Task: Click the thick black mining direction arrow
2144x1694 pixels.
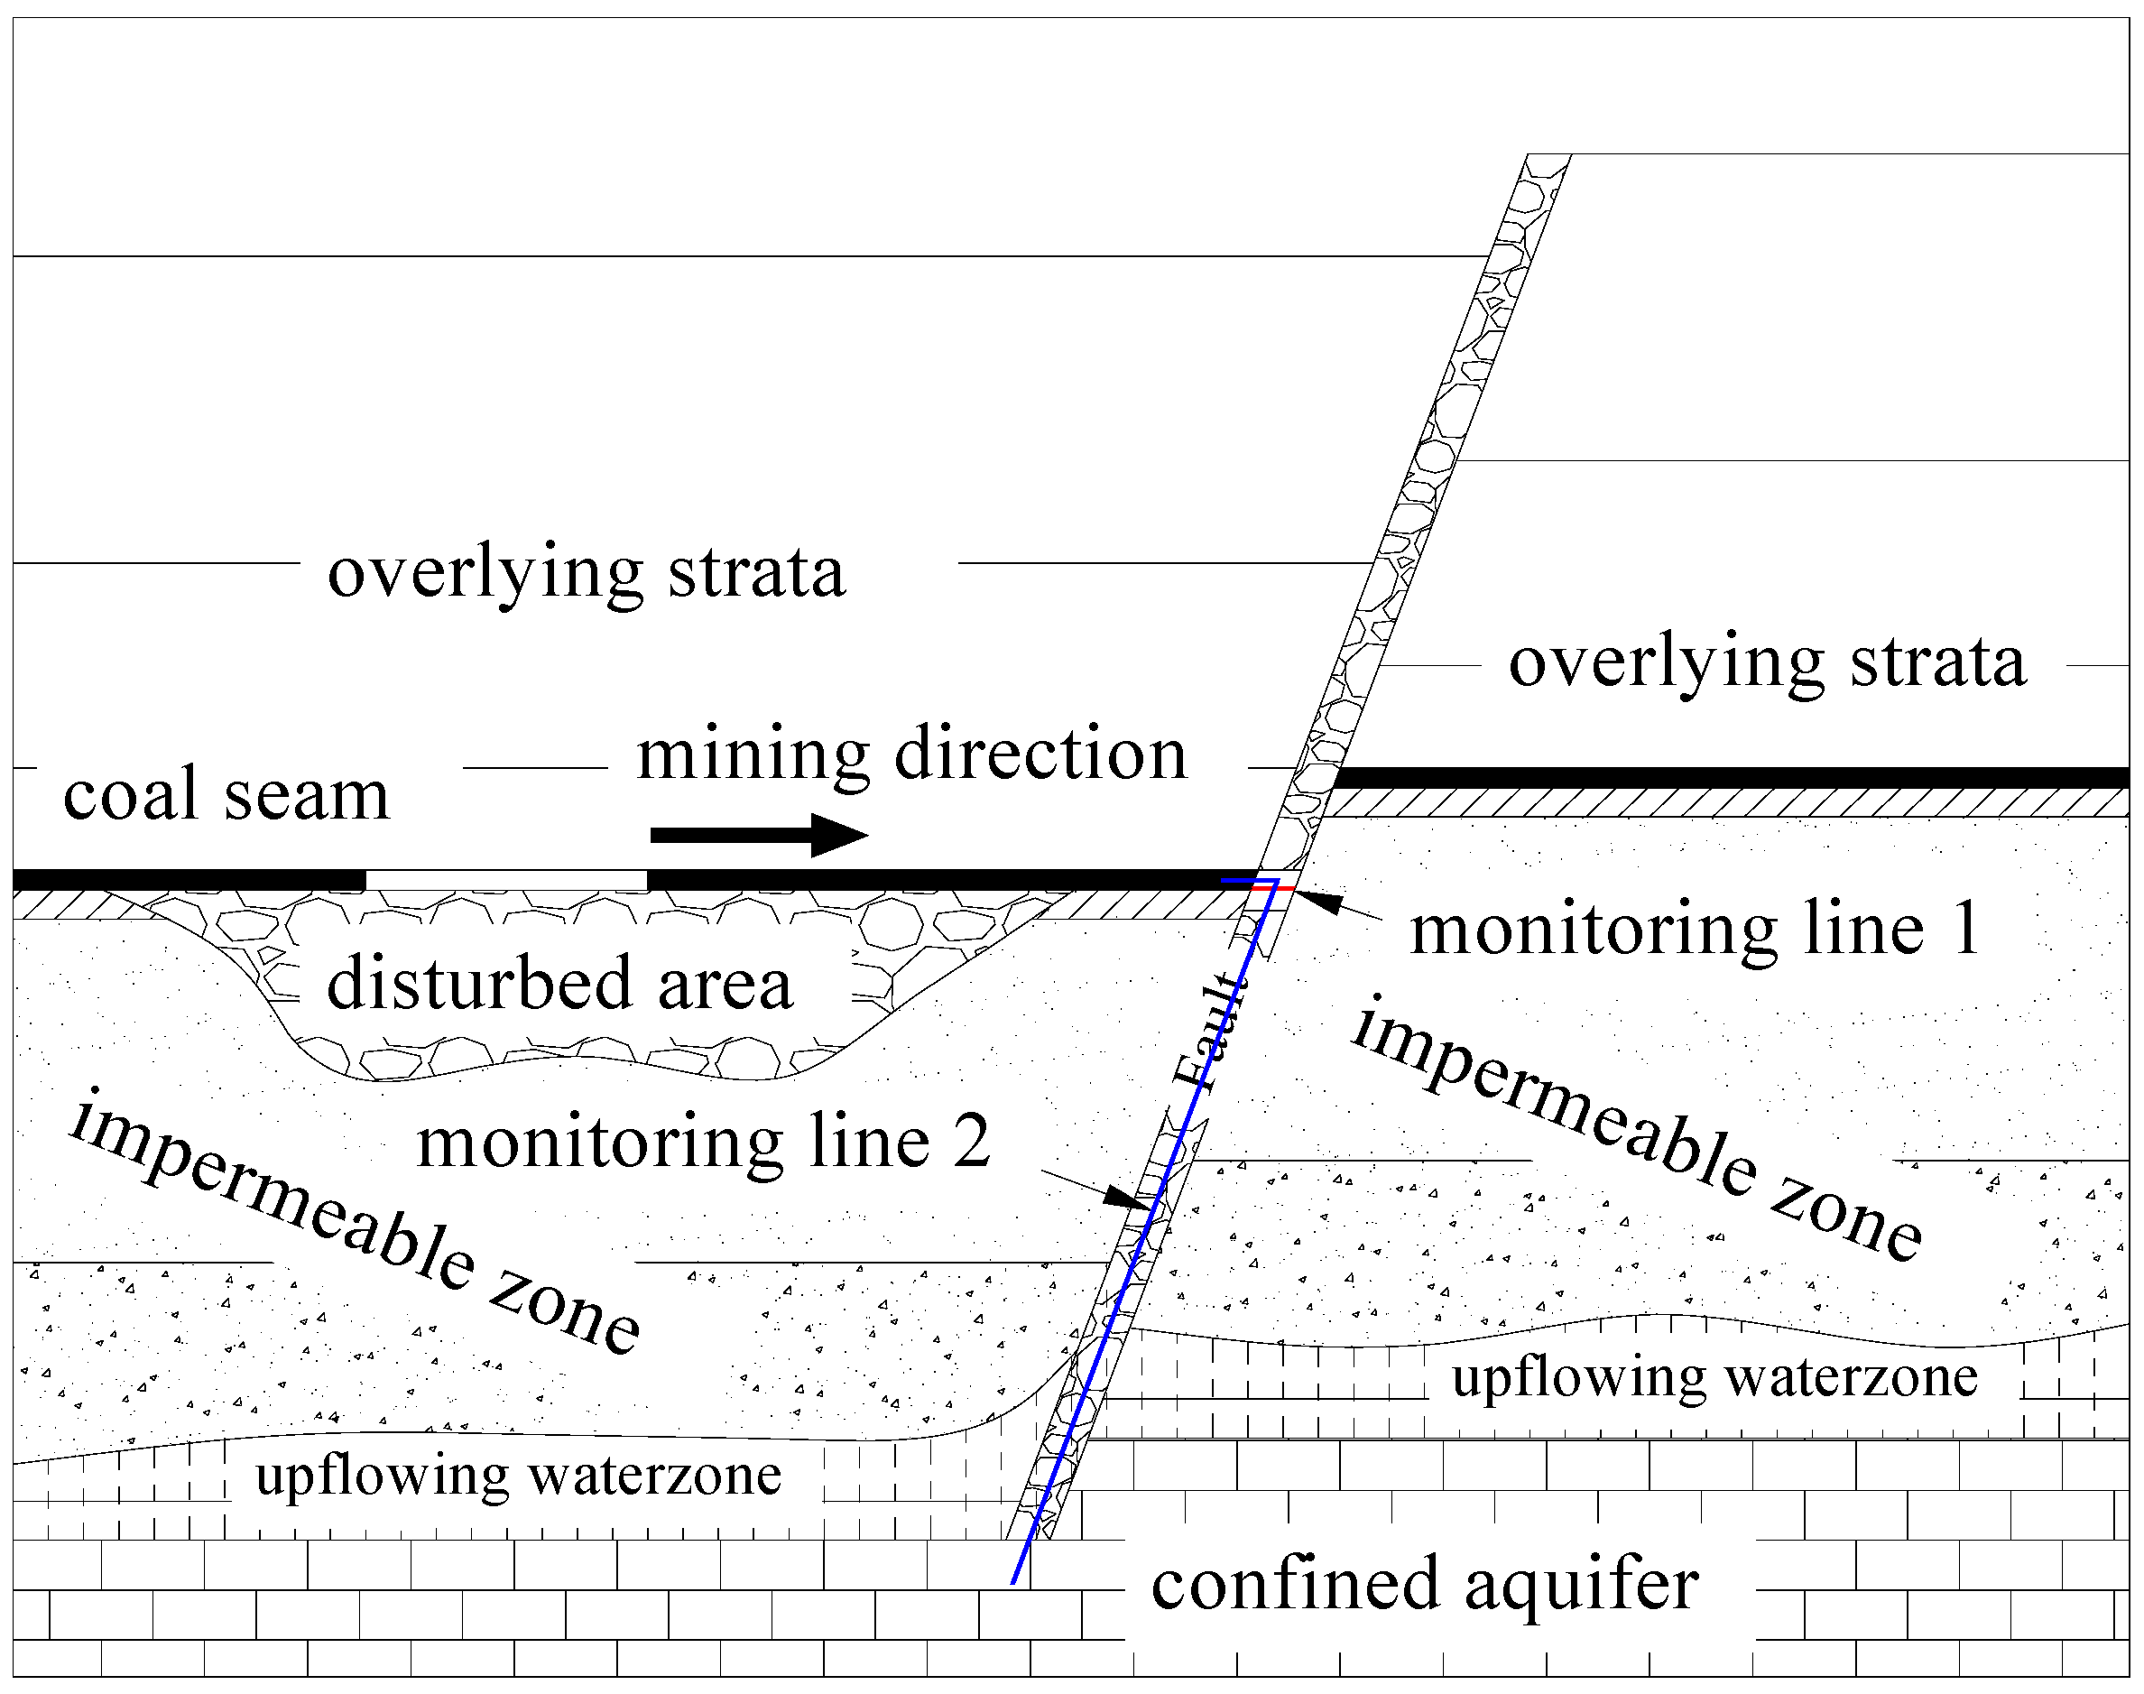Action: [x=759, y=835]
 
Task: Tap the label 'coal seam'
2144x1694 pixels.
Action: [x=226, y=795]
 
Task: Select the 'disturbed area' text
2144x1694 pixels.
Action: [x=560, y=984]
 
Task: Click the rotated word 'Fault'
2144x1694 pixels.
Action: [x=1209, y=1032]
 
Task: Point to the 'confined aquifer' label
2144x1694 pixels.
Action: [x=1425, y=1584]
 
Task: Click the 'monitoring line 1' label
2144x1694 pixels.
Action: [x=1695, y=930]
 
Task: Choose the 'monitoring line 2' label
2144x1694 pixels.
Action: [x=703, y=1143]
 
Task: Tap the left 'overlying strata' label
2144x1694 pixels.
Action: [x=586, y=572]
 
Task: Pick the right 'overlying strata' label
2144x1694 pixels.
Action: [x=1767, y=662]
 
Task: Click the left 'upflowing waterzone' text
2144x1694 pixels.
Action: [x=518, y=1475]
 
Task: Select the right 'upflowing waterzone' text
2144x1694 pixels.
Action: [x=1714, y=1377]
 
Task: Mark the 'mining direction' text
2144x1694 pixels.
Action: [x=911, y=754]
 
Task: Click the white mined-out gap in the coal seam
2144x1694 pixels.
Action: [x=505, y=880]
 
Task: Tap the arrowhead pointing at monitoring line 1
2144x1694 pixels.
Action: [x=1319, y=902]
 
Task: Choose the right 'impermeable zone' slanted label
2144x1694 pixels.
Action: [x=1636, y=1131]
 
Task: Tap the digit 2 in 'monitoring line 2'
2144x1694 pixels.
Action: [x=971, y=1143]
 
